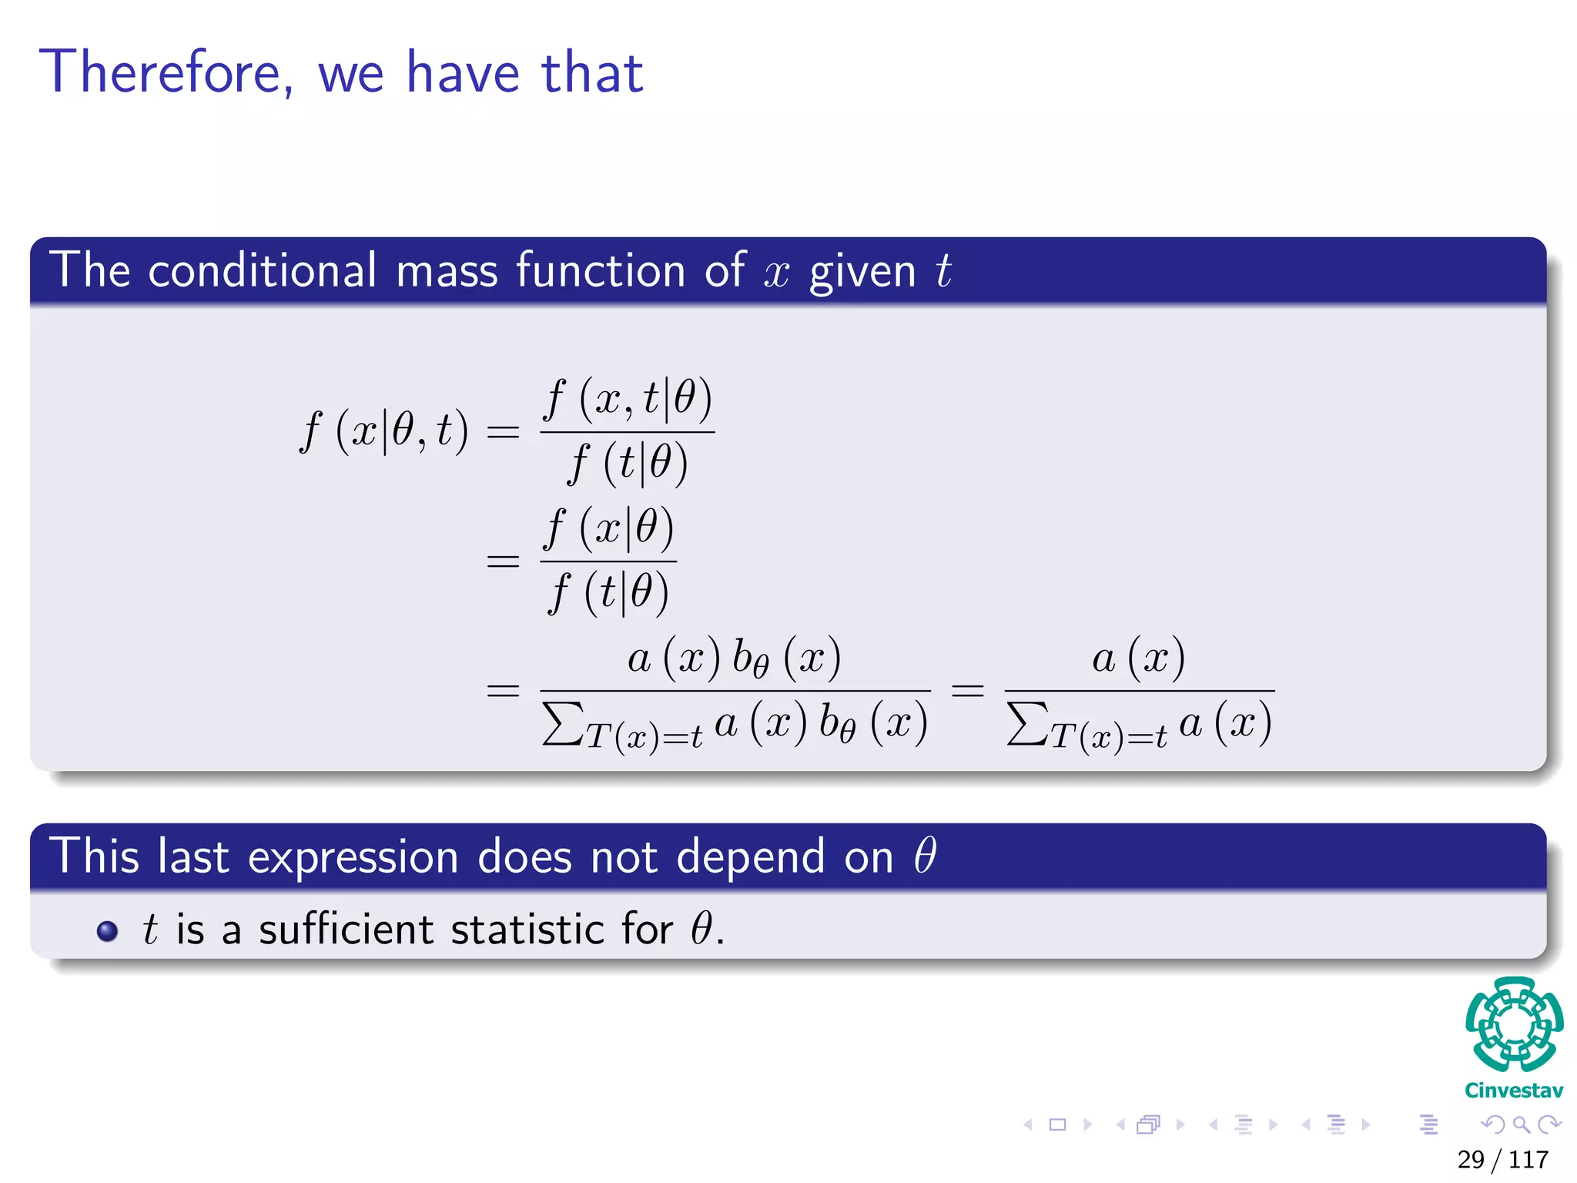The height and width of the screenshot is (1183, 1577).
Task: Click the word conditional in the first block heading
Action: click(262, 271)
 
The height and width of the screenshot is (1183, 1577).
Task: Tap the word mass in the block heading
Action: click(447, 271)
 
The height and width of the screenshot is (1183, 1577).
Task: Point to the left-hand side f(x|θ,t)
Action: click(383, 431)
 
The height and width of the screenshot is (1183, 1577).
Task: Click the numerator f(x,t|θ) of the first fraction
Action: click(628, 400)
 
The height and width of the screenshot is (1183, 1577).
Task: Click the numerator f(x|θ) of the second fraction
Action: click(608, 529)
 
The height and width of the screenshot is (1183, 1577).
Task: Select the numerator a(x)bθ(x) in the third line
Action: click(734, 659)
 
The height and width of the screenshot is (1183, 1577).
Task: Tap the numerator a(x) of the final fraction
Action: click(1138, 659)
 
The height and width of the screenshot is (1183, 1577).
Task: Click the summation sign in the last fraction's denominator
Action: click(1027, 724)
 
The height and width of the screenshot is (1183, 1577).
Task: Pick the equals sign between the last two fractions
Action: click(967, 690)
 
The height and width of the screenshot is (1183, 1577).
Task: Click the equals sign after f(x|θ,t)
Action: click(504, 431)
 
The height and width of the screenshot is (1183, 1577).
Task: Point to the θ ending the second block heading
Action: click(925, 856)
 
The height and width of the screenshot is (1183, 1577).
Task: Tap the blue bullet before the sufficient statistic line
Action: click(107, 931)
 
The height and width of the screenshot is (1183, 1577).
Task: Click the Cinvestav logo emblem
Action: click(1514, 1024)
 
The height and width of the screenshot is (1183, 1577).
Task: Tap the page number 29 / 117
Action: click(1502, 1159)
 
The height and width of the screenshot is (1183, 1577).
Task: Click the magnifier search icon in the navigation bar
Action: click(1521, 1125)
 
